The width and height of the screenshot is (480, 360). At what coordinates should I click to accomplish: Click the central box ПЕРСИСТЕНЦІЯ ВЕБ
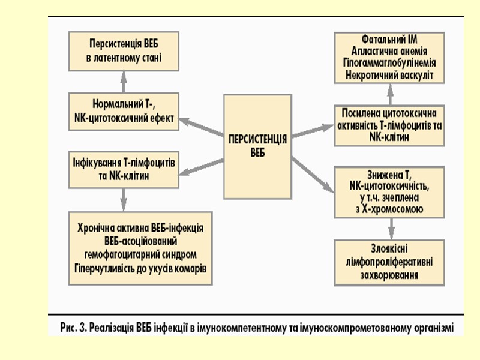258,145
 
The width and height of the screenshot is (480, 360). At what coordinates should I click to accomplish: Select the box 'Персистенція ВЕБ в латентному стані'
125,51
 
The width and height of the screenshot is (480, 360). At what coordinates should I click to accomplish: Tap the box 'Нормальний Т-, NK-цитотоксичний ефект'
125,111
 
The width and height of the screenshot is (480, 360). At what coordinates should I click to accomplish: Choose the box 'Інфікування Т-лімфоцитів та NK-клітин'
125,170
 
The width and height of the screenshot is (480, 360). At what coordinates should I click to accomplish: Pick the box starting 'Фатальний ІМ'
390,57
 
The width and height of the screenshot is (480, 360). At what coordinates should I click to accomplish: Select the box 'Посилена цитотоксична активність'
390,125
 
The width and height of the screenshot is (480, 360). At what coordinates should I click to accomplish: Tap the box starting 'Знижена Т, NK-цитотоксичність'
390,191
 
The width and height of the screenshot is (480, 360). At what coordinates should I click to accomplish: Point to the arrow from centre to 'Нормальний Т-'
202,128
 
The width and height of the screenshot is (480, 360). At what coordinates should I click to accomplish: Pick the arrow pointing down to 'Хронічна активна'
125,198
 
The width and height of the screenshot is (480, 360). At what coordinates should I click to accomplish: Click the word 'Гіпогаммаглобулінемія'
390,62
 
